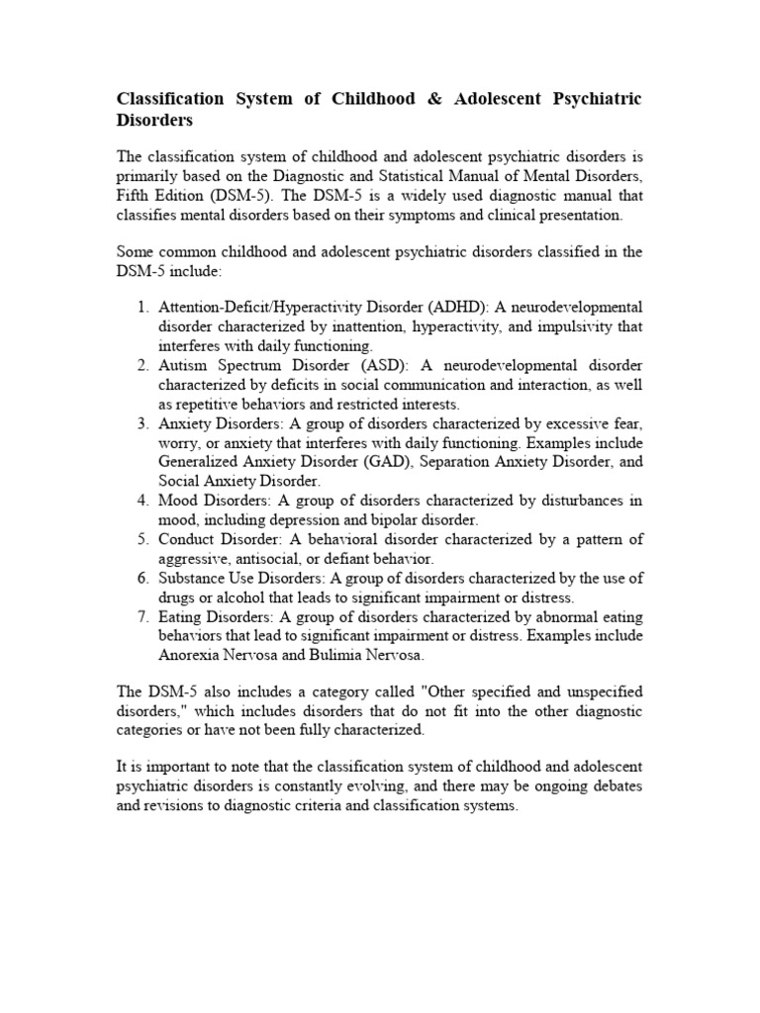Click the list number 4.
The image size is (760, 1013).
click(142, 501)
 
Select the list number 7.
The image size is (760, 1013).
click(142, 615)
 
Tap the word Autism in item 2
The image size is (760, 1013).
click(183, 365)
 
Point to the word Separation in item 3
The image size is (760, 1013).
click(456, 461)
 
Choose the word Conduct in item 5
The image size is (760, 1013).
click(188, 539)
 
